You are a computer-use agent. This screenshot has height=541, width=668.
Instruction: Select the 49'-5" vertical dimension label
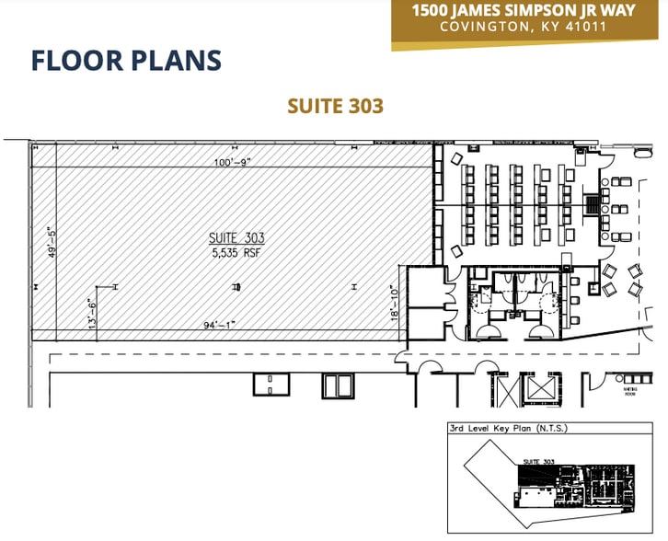click(52, 243)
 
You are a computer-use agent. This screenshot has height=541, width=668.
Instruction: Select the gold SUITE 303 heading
click(334, 106)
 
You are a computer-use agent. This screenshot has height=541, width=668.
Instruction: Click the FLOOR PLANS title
click(126, 61)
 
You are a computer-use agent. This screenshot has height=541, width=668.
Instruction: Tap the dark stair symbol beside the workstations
click(593, 204)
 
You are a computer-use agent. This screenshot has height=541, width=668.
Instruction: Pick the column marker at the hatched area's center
click(236, 288)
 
